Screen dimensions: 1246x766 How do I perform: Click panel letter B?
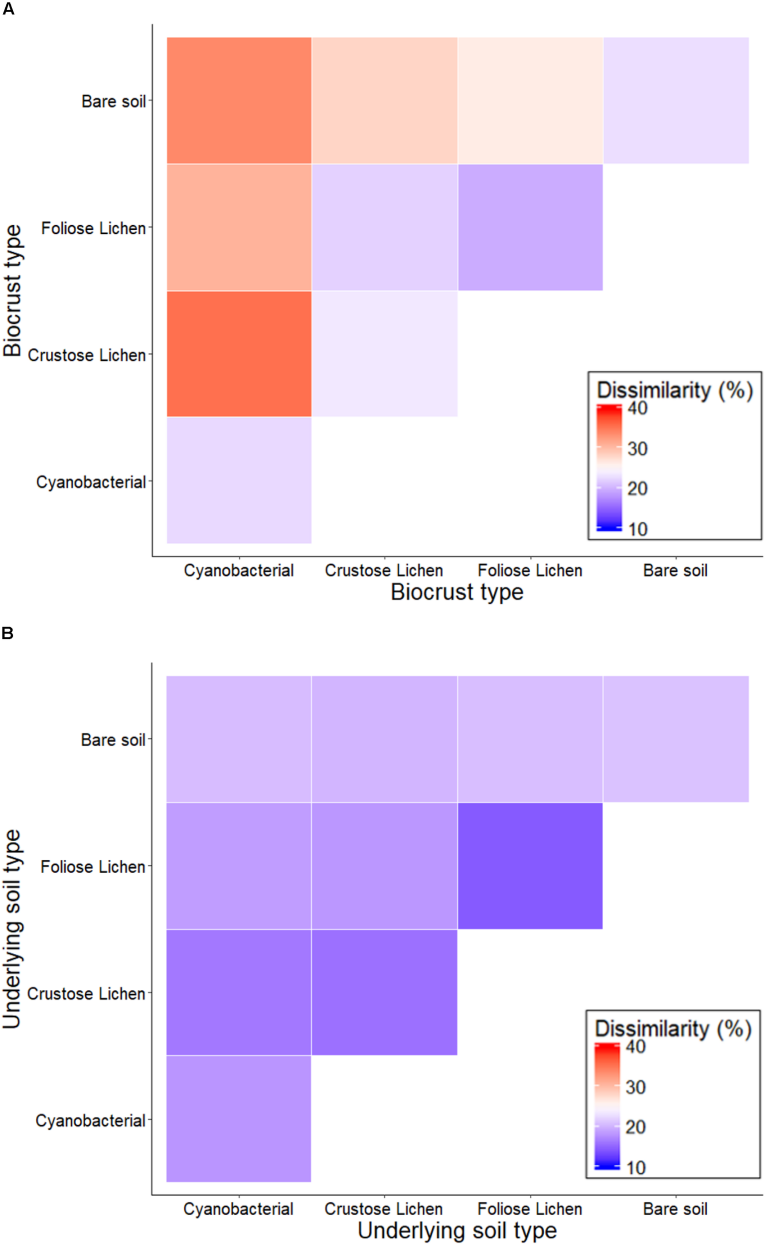(7, 633)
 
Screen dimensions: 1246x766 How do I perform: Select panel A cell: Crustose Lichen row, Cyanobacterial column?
(239, 353)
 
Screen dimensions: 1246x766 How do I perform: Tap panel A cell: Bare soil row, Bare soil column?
(676, 100)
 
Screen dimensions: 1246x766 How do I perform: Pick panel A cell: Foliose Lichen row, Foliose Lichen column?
(530, 227)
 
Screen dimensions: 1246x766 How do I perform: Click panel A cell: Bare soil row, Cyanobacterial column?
(239, 100)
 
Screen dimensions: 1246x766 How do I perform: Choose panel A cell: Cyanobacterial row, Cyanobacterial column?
(239, 480)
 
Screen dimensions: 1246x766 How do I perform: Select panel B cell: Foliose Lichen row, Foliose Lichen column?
(530, 866)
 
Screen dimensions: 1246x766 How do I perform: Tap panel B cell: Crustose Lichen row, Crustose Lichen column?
(384, 992)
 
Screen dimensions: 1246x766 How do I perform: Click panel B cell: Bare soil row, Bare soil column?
(676, 739)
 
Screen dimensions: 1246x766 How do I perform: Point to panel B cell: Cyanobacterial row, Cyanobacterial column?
(239, 1119)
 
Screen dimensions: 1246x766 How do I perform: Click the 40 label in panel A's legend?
(637, 408)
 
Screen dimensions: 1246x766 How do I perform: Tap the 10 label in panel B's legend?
(636, 1168)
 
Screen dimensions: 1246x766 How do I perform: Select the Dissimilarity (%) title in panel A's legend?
(674, 390)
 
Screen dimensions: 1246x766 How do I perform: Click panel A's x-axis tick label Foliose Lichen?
(530, 570)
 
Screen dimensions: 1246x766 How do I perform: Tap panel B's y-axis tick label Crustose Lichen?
(86, 994)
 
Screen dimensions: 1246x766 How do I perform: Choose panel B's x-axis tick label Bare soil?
(675, 1209)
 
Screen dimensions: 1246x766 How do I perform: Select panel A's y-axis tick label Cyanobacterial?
(91, 482)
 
